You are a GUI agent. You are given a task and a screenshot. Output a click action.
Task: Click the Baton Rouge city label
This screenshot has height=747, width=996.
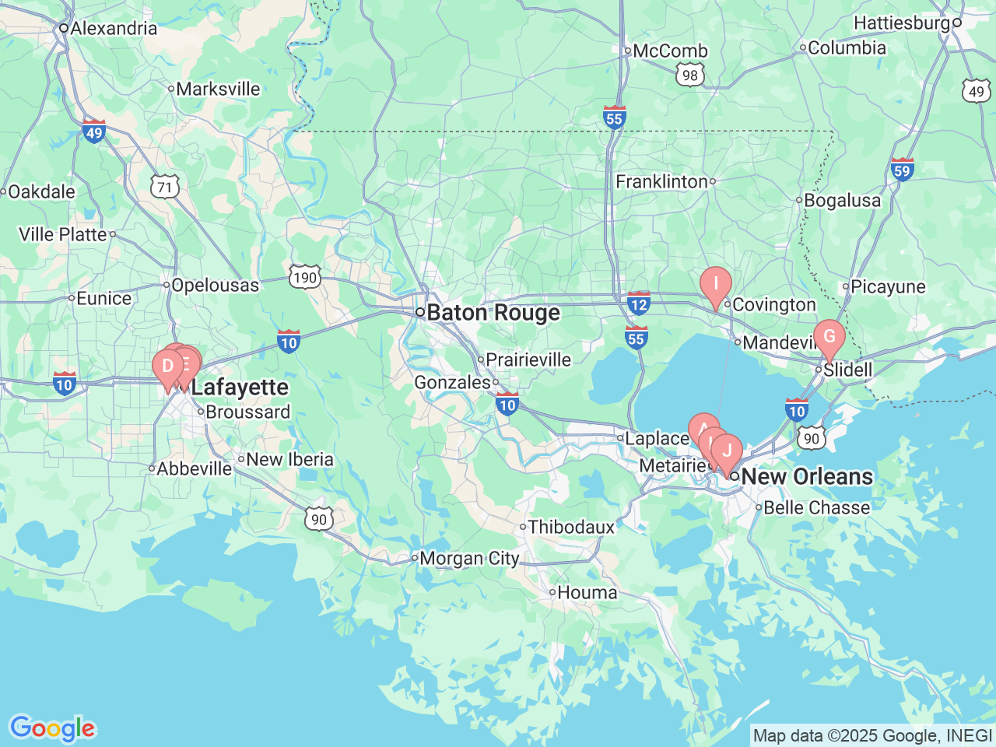[x=493, y=313]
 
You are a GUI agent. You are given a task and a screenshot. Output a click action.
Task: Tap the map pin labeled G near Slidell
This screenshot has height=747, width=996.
[x=829, y=337]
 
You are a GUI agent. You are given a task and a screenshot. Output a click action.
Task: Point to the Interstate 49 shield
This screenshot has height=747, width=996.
[x=94, y=132]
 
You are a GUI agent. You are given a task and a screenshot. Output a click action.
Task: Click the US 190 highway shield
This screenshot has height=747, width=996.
[x=305, y=277]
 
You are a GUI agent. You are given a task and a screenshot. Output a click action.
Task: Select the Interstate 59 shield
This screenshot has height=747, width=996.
[x=902, y=170]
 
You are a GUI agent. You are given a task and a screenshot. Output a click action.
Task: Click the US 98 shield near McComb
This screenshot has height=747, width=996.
[x=689, y=75]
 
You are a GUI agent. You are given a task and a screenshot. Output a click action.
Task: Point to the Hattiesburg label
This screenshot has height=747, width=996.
[x=902, y=23]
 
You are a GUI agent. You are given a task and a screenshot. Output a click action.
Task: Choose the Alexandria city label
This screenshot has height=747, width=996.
[x=114, y=29]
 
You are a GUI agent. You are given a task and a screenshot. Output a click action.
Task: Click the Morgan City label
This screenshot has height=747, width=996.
[x=469, y=559]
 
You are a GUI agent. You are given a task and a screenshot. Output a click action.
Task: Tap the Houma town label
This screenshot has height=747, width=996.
[x=587, y=593]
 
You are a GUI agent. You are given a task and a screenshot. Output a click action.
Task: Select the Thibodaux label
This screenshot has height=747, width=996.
[x=571, y=528]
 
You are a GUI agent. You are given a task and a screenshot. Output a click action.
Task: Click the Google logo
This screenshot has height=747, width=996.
[x=52, y=728]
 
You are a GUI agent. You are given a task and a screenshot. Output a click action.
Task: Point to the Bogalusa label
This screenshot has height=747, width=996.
[x=842, y=201]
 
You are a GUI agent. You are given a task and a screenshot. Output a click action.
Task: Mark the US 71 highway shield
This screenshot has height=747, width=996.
[x=165, y=188]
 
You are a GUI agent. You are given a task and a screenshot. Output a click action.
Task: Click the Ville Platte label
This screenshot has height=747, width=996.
[x=62, y=234]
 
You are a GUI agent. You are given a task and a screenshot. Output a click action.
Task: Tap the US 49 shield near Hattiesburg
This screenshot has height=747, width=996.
[x=977, y=92]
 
